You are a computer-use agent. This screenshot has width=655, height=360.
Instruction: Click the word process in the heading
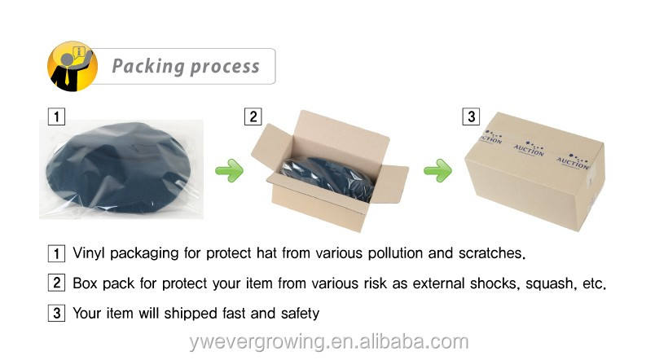(222, 66)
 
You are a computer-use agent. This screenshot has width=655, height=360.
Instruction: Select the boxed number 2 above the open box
(253, 116)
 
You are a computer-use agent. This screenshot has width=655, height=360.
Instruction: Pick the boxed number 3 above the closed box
(471, 116)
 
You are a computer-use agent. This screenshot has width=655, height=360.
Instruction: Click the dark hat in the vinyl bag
(122, 166)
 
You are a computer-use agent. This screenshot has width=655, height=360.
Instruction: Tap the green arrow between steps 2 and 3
(437, 171)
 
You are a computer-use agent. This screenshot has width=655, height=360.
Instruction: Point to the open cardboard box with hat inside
(334, 171)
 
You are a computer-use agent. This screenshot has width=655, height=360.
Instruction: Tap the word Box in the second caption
(86, 283)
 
